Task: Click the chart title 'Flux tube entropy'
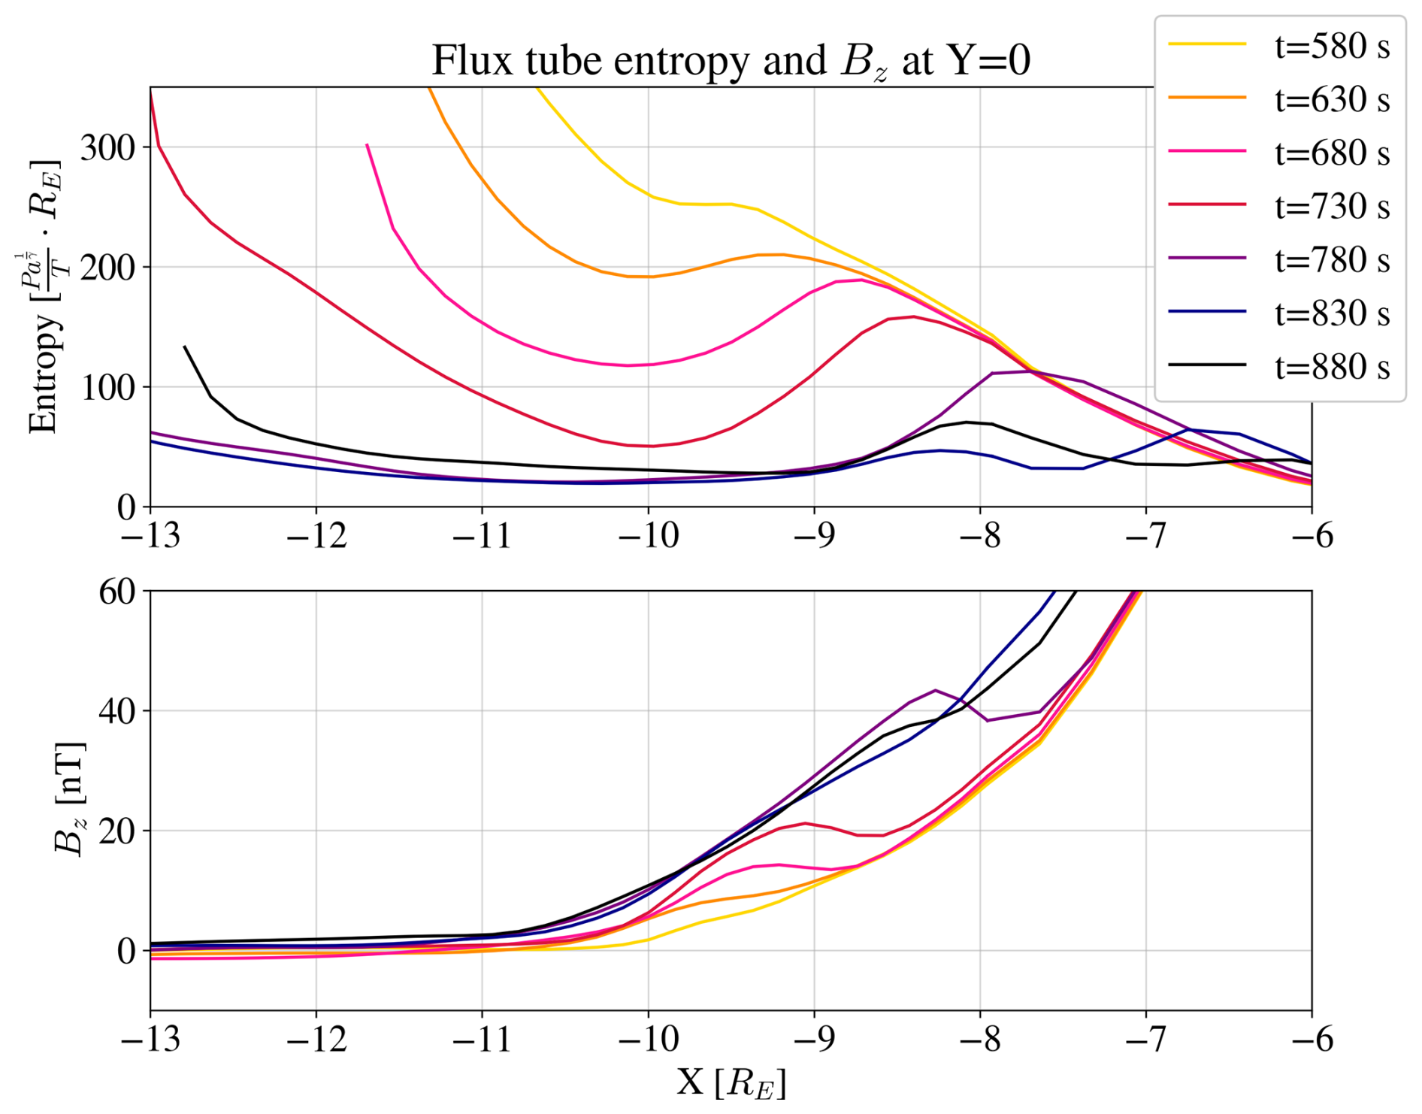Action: tap(730, 60)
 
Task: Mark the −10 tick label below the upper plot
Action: tap(648, 537)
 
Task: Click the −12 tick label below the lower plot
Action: tap(316, 1040)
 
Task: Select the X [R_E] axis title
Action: tap(730, 1084)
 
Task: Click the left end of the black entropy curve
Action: tap(185, 347)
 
